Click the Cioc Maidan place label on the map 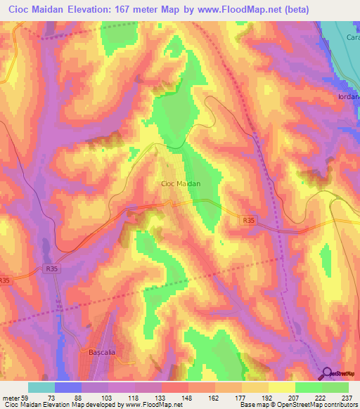pos(181,183)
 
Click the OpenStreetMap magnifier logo pos(327,373)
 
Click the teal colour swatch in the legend pos(41,387)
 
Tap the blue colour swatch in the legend pos(68,387)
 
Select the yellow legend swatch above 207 pos(281,387)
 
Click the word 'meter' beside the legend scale pos(9,397)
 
